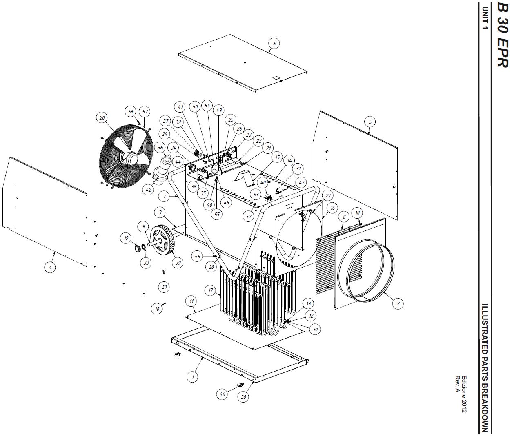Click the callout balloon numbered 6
coord(274,44)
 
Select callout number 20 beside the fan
coord(102,118)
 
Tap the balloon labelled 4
coord(50,267)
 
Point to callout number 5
coord(370,122)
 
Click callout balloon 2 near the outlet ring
coord(398,303)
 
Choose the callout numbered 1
coord(193,377)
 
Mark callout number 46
coord(222,394)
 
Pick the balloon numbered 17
coord(211,290)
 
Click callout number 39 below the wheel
coord(178,263)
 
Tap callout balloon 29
coord(164,287)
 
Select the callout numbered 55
coord(217,214)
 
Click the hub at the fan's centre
coord(132,158)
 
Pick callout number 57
coord(145,112)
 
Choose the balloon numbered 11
coord(191,301)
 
